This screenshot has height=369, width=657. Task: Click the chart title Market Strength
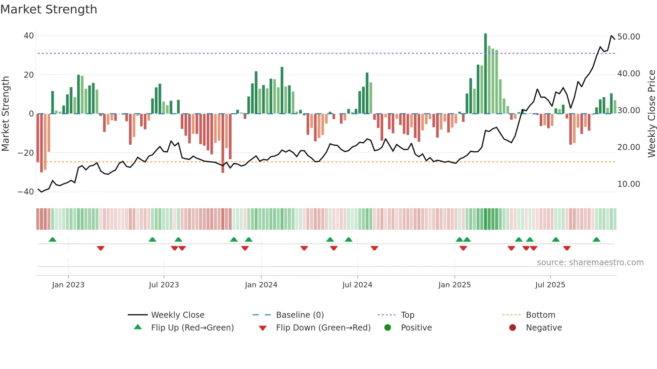click(x=49, y=9)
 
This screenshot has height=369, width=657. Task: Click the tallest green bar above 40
click(x=485, y=74)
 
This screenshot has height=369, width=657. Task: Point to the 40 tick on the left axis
click(x=28, y=36)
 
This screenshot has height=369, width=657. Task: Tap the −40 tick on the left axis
click(x=26, y=192)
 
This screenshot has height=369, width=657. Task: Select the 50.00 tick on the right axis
click(x=629, y=37)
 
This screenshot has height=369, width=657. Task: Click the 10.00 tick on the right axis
click(x=629, y=184)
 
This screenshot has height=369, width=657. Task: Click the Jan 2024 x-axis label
click(x=261, y=285)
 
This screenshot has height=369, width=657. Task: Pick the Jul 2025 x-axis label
click(x=550, y=285)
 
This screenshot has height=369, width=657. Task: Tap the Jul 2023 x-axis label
click(x=164, y=285)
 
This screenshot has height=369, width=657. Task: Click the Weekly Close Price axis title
click(x=651, y=114)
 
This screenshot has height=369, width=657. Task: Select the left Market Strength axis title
click(x=6, y=114)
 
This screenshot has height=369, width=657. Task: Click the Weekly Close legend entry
click(x=177, y=315)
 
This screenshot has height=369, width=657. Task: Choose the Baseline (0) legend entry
click(x=300, y=315)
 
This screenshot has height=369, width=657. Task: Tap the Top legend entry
click(x=407, y=315)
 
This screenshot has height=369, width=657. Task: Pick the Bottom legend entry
click(x=540, y=315)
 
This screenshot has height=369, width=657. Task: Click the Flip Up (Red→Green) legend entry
click(x=192, y=328)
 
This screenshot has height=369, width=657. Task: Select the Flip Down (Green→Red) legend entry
click(x=323, y=328)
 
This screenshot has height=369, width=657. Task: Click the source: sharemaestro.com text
click(x=590, y=263)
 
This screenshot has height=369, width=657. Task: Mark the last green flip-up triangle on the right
click(x=596, y=240)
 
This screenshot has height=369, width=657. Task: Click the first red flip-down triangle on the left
click(x=101, y=248)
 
